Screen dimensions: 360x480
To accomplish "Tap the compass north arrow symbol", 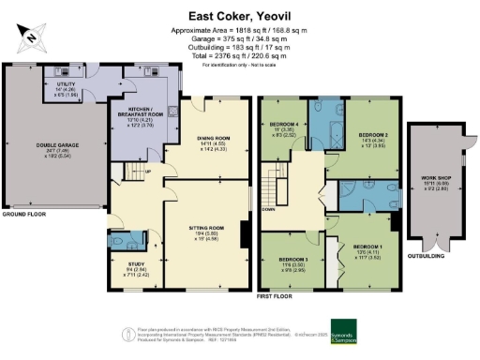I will [31, 37].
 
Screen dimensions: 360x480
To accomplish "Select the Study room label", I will [135, 267].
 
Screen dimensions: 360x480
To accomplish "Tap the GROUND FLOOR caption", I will [26, 216].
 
